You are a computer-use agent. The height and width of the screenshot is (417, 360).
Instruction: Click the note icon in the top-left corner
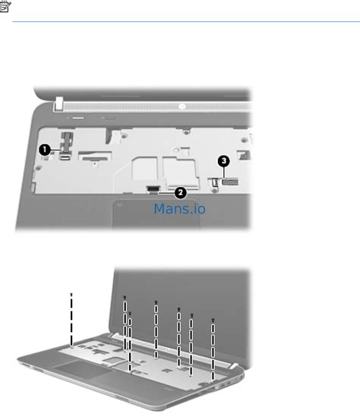pos(5,6)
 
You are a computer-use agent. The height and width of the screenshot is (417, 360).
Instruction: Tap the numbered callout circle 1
pos(45,150)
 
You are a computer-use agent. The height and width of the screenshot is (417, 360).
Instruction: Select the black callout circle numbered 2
pos(181,192)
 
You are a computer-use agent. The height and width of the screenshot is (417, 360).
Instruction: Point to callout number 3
pos(224,160)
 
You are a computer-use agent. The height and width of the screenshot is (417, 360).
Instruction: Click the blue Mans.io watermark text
pos(180,209)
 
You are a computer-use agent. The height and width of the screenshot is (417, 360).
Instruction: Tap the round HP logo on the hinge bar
pos(182,106)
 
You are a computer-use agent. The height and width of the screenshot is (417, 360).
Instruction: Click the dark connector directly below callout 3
pos(230,182)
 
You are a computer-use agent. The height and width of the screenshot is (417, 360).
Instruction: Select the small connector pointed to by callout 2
pos(153,188)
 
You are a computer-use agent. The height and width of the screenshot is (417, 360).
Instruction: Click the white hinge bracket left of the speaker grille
pos(58,104)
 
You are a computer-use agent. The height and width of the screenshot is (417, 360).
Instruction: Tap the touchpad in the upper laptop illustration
pos(156,214)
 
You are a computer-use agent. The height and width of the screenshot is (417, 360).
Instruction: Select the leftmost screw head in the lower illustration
pos(71,295)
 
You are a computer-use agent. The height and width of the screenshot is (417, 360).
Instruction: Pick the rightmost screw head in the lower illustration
pos(213,321)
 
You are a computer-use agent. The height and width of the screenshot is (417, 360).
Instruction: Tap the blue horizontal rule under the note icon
pos(186,21)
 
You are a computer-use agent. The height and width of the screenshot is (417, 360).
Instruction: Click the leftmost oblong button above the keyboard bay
pos(78,118)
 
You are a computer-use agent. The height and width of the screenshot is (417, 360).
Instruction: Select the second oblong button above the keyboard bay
pos(109,118)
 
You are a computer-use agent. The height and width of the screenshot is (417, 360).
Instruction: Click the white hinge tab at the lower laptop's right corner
pos(233,365)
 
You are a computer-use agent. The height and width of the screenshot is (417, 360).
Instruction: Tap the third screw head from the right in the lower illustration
pos(179,309)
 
